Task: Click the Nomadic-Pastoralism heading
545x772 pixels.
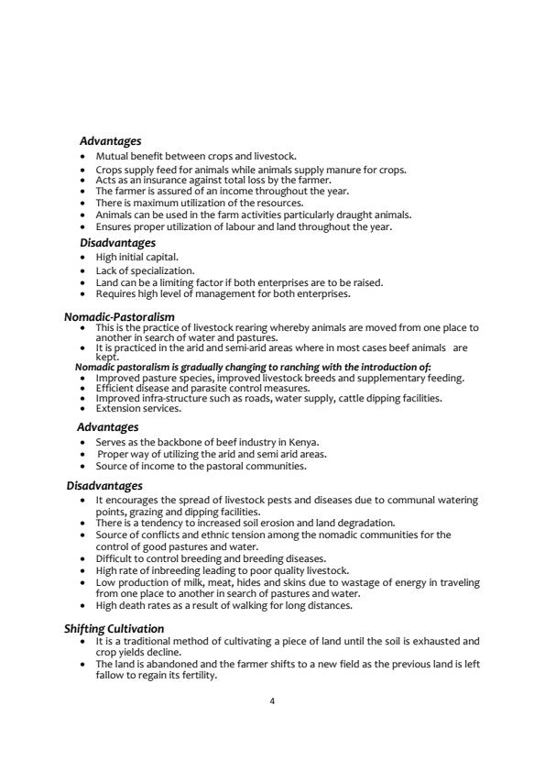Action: point(119,316)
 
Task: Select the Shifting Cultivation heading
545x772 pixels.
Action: point(114,628)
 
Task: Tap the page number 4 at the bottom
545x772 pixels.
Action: point(272,701)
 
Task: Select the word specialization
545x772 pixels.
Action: point(167,270)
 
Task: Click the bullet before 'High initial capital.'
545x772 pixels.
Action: point(84,258)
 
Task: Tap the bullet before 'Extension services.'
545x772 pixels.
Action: point(84,408)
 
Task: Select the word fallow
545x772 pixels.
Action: point(111,675)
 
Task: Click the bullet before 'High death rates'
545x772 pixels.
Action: point(84,605)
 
